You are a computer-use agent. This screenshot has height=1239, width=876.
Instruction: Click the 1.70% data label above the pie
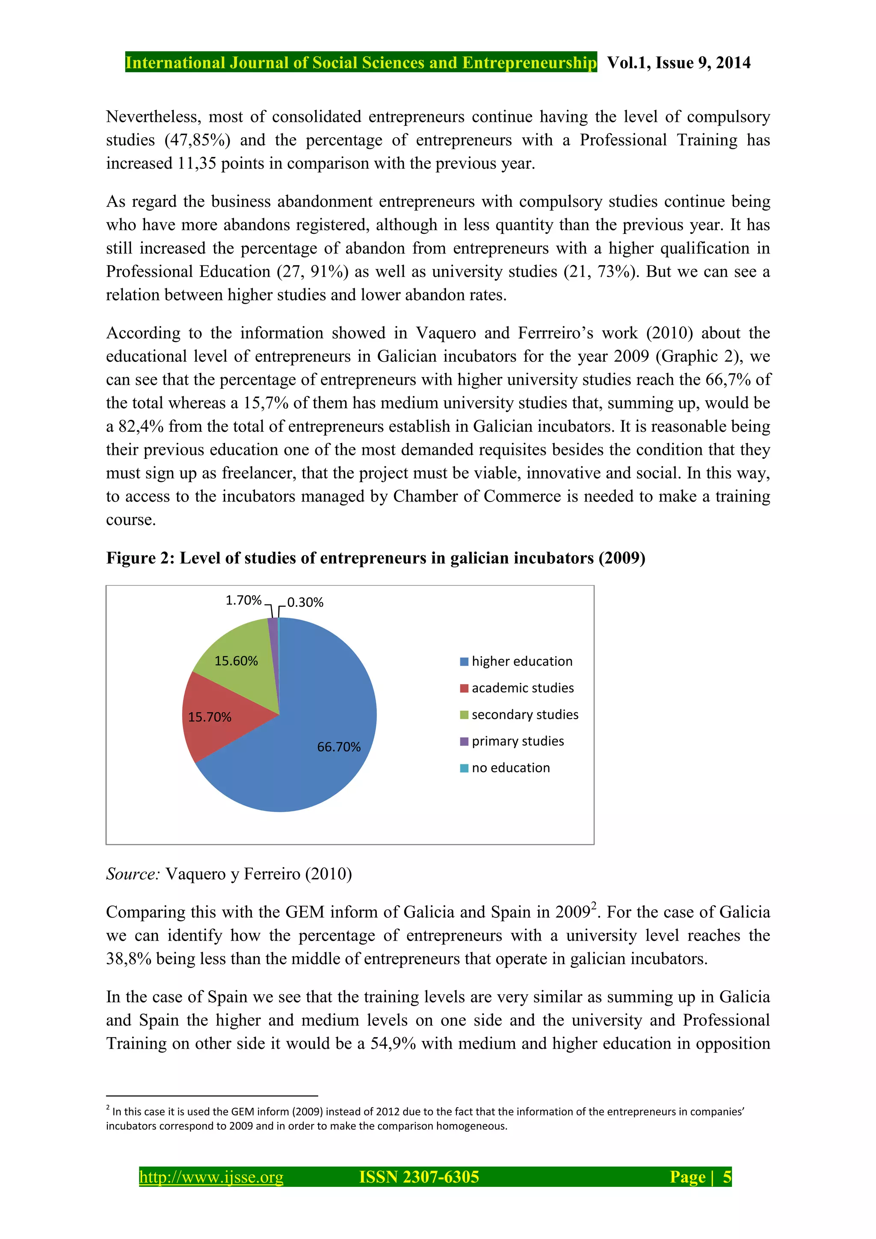243,601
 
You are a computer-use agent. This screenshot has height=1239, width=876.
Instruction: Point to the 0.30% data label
305,603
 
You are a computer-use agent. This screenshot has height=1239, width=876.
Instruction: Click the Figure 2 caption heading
375,558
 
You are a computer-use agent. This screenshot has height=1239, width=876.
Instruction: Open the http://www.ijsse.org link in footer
211,1177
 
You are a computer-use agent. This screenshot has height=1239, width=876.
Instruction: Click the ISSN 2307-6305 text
419,1177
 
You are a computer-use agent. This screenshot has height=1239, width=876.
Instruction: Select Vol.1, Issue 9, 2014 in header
678,62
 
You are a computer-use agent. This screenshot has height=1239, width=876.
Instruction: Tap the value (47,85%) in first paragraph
198,140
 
